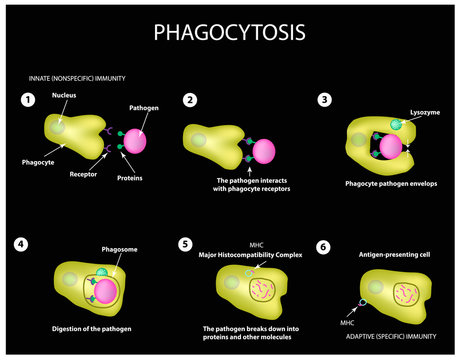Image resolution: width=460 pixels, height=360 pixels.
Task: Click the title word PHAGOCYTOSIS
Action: pyautogui.click(x=230, y=32)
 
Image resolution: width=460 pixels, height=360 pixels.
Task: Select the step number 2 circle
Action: pyautogui.click(x=189, y=99)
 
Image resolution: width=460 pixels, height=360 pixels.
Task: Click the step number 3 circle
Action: pyautogui.click(x=324, y=99)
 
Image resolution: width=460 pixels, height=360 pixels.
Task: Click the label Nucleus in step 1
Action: pyautogui.click(x=65, y=96)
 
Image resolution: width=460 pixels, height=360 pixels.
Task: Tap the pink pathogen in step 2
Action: pyautogui.click(x=264, y=151)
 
